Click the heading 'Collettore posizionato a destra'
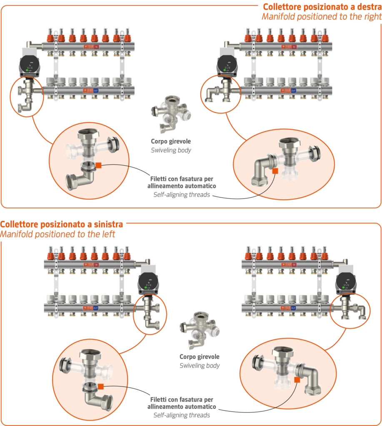(x=322, y=7)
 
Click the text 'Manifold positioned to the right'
(x=322, y=17)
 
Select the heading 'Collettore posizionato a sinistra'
(x=62, y=225)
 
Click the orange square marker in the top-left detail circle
(x=99, y=165)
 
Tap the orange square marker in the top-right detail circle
(x=275, y=170)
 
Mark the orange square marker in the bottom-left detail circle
(x=101, y=386)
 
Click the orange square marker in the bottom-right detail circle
(x=297, y=379)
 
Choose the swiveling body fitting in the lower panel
(x=199, y=331)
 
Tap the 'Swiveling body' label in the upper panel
(x=171, y=150)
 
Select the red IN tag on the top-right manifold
(x=294, y=47)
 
